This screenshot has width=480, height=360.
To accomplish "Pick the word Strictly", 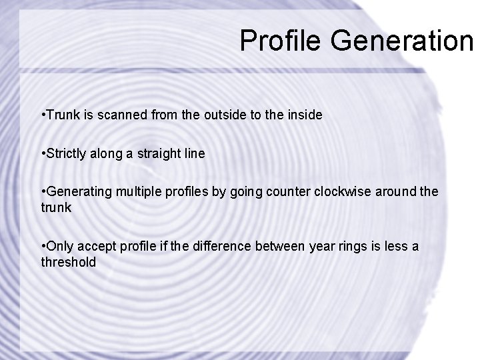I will [x=68, y=153].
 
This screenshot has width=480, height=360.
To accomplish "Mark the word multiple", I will [x=139, y=192].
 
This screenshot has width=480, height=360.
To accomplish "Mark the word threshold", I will [x=68, y=262].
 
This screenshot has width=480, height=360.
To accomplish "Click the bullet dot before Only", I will [x=43, y=247].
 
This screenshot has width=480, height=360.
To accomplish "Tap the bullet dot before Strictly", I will [x=43, y=153].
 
